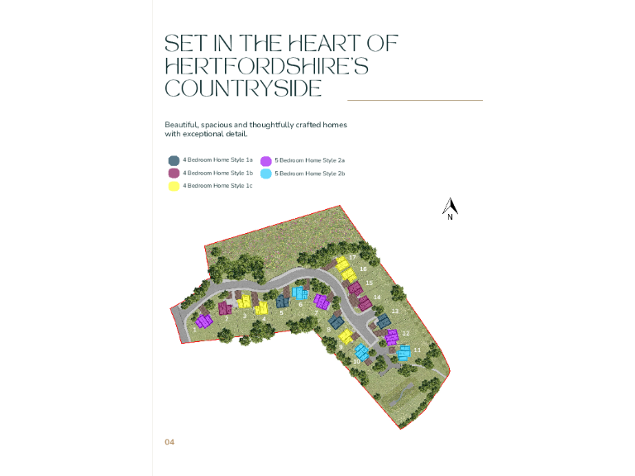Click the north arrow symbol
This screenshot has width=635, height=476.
pyautogui.click(x=450, y=208)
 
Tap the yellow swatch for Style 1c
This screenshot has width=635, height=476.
pyautogui.click(x=174, y=186)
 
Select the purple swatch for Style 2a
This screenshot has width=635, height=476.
pyautogui.click(x=266, y=160)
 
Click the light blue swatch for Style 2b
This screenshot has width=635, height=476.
pyautogui.click(x=266, y=174)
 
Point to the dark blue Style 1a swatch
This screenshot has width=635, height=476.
pyautogui.click(x=174, y=160)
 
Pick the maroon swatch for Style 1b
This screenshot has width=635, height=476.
pyautogui.click(x=174, y=174)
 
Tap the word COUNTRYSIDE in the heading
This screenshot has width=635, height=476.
pyautogui.click(x=243, y=88)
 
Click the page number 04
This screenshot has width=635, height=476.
pyautogui.click(x=169, y=442)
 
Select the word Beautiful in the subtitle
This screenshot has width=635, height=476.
pyautogui.click(x=184, y=125)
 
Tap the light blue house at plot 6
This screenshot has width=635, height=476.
pyautogui.click(x=300, y=292)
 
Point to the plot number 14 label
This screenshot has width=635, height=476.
pyautogui.click(x=377, y=297)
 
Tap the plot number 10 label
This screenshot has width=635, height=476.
pyautogui.click(x=356, y=362)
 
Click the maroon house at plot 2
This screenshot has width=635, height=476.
pyautogui.click(x=225, y=307)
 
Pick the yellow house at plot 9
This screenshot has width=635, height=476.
pyautogui.click(x=346, y=336)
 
